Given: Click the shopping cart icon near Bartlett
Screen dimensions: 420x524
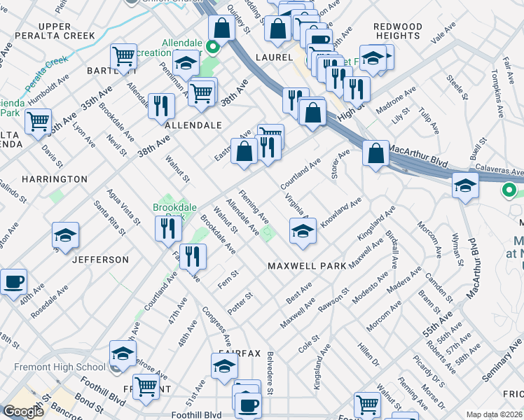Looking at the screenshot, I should [x=123, y=57].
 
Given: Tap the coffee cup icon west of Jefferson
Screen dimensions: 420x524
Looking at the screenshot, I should [x=13, y=282].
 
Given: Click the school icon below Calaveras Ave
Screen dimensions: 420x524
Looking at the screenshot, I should [x=464, y=186].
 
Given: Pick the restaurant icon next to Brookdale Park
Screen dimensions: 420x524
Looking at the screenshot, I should [x=167, y=227].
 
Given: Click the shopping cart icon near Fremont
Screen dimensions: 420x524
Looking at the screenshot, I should [x=146, y=386].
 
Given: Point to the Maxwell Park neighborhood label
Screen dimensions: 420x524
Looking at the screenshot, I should [x=307, y=266].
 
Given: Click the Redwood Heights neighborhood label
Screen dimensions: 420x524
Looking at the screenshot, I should [x=398, y=32].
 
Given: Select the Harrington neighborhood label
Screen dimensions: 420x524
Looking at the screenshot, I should [x=55, y=179].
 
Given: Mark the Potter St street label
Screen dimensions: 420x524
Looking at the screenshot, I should [x=243, y=299].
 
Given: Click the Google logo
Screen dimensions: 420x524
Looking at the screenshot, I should [x=23, y=412].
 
